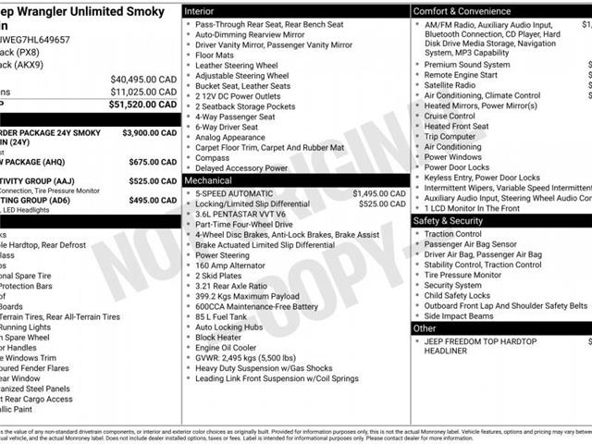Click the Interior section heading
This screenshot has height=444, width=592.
point(200,10)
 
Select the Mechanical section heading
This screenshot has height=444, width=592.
point(208,181)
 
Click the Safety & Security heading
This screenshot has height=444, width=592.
point(448,221)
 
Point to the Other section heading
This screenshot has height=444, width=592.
point(425,328)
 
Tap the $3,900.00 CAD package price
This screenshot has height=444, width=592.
point(150,133)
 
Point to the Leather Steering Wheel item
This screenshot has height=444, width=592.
point(237,66)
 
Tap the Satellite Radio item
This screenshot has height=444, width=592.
point(450,85)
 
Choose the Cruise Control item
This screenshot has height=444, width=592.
point(450,117)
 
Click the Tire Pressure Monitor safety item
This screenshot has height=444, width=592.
point(462,275)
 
